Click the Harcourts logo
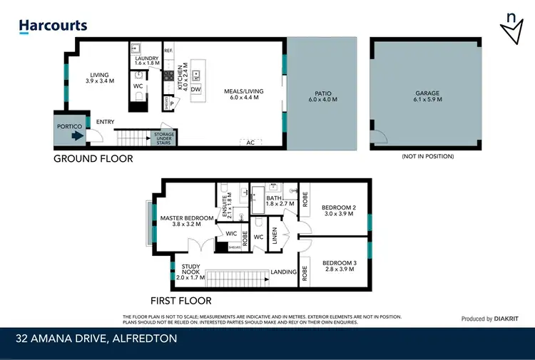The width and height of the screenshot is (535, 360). click(x=53, y=26)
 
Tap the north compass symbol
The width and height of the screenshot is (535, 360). click(x=511, y=30)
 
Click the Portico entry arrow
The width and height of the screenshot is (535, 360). click(x=66, y=134)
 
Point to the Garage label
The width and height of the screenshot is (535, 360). click(x=428, y=97)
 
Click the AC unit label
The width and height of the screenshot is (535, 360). click(x=250, y=142)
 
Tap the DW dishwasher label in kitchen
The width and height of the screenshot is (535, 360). click(x=195, y=89)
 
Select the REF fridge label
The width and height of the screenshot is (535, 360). click(x=168, y=51)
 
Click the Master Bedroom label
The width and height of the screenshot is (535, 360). click(x=186, y=221)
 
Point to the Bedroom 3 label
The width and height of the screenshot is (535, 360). click(x=338, y=266)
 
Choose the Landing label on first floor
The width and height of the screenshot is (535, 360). click(x=283, y=272)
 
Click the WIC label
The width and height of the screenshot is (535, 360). click(x=231, y=233)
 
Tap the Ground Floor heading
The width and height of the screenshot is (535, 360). click(x=93, y=158)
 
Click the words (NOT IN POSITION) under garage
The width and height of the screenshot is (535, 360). click(x=428, y=156)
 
